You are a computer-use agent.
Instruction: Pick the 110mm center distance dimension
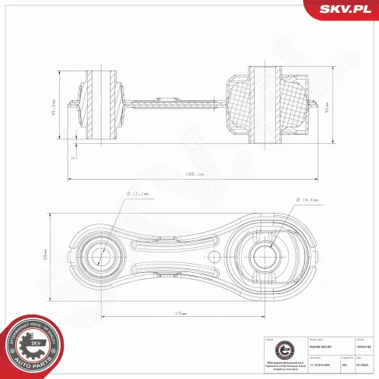coord(179,312)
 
